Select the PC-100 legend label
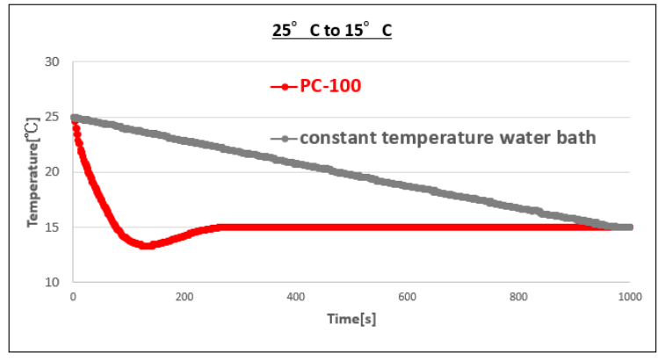point(331,86)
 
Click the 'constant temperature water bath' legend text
point(448,138)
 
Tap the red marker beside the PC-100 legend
point(285,86)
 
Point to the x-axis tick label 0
point(73,297)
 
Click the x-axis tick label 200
point(184,297)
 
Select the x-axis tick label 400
point(296,297)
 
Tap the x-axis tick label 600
point(408,297)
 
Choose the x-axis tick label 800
point(519,297)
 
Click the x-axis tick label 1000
point(630,297)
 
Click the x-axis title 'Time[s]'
point(351,319)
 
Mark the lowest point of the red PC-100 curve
point(146,246)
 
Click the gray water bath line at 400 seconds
point(296,162)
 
